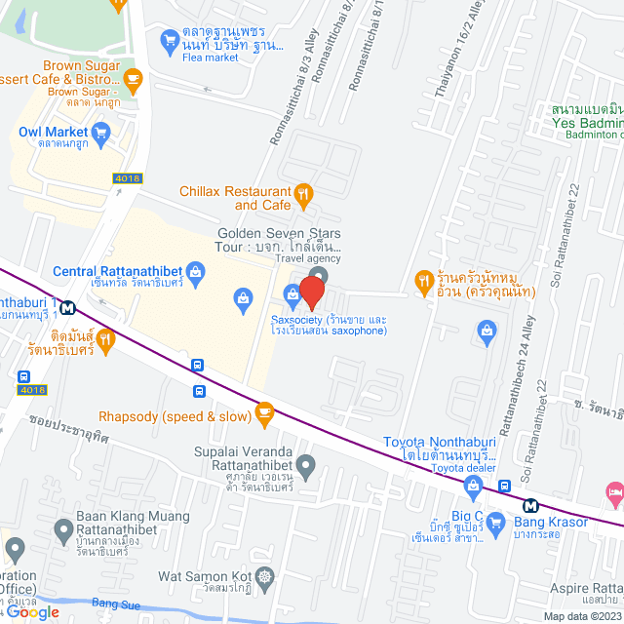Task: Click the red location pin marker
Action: pyautogui.click(x=312, y=292)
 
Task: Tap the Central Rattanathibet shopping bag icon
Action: pyautogui.click(x=196, y=270)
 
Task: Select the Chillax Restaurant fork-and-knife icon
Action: pyautogui.click(x=304, y=193)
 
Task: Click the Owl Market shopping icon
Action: pyautogui.click(x=100, y=132)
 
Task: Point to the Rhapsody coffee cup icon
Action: pyautogui.click(x=263, y=414)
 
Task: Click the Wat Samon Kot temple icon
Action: pyautogui.click(x=265, y=577)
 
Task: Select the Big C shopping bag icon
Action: pyautogui.click(x=495, y=522)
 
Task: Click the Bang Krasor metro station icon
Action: pyautogui.click(x=530, y=505)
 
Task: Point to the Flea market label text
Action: pyautogui.click(x=210, y=58)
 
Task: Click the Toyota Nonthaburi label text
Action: pyautogui.click(x=441, y=448)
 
